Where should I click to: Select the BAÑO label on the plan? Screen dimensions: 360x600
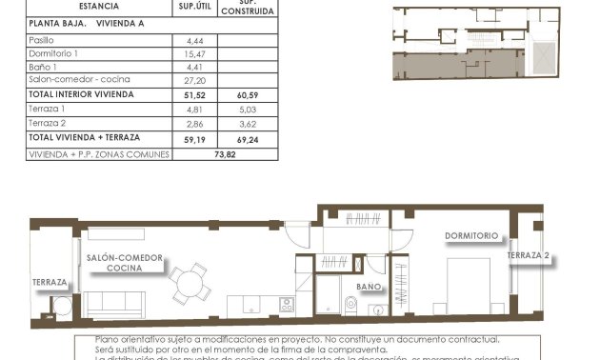pyautogui.click(x=369, y=286)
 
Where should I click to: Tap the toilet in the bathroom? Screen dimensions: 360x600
pyautogui.click(x=350, y=304)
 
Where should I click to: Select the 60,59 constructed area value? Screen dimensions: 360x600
pyautogui.click(x=248, y=95)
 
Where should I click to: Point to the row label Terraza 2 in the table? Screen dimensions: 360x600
pyautogui.click(x=47, y=124)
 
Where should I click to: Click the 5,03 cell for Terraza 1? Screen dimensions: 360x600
pyautogui.click(x=248, y=110)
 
